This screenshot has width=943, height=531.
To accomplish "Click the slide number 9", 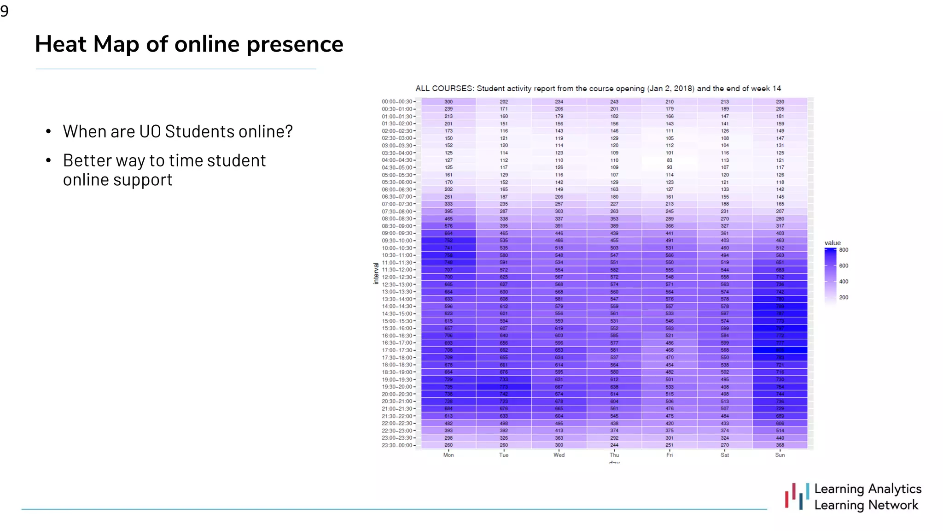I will (x=5, y=11).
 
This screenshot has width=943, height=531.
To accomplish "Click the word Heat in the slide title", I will (x=60, y=44).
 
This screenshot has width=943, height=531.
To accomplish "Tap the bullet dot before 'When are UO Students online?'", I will (x=48, y=132).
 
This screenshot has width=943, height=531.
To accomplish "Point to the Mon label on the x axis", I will (x=448, y=455).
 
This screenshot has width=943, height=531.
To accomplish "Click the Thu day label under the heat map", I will (x=614, y=455).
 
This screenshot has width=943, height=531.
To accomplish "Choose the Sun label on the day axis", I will (x=780, y=455).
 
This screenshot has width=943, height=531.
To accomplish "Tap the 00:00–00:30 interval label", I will (x=397, y=102).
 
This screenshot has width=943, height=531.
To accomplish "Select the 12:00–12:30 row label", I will (x=397, y=277).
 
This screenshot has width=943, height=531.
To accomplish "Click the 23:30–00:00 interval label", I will (x=397, y=445).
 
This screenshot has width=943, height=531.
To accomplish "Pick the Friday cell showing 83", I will (x=669, y=160).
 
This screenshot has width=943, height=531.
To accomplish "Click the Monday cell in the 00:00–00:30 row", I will (x=448, y=102).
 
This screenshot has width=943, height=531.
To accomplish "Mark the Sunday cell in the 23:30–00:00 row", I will (x=780, y=445).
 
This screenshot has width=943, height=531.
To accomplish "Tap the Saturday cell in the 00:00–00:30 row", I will (x=725, y=102).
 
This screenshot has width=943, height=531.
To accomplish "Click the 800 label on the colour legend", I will (x=844, y=250).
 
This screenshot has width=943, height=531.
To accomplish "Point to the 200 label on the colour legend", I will (x=844, y=297).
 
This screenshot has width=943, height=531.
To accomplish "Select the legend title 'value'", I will (x=832, y=243).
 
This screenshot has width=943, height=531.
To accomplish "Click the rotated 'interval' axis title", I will (x=376, y=273).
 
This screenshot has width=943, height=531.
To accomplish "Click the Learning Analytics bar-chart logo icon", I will (x=797, y=496).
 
